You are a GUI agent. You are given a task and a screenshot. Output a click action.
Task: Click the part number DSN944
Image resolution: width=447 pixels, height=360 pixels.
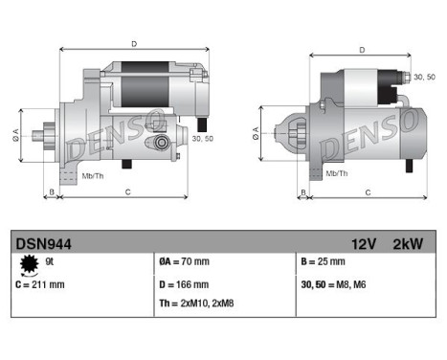[40, 245]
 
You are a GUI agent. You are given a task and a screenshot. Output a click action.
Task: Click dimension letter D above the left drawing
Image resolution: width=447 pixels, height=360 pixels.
[133, 43]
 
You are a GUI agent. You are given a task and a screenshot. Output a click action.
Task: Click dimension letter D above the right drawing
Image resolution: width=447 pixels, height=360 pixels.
[361, 50]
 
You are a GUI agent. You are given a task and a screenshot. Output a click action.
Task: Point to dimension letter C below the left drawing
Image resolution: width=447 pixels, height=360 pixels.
[127, 192]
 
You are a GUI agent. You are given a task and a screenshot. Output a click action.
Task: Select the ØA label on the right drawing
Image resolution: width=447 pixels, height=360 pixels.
[257, 128]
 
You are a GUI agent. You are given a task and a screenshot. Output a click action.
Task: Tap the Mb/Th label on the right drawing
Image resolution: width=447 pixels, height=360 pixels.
[336, 172]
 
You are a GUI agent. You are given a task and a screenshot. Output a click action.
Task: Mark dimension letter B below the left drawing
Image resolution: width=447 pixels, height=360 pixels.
[50, 192]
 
